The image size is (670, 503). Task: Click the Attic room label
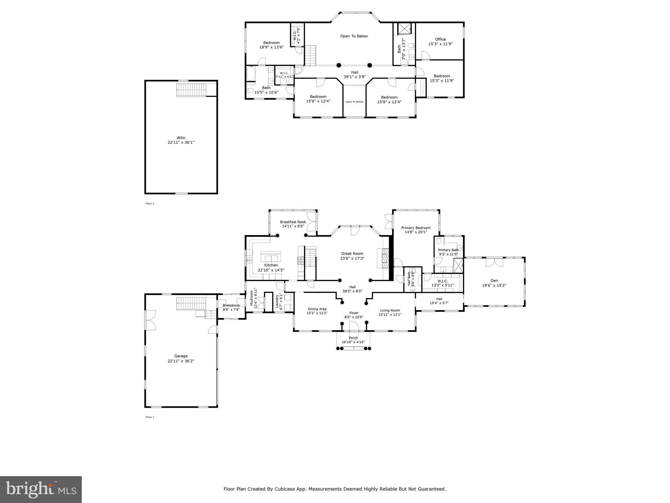pos(181,138)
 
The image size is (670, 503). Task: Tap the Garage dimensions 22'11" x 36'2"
pos(181,361)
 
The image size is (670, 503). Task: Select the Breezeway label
pos(231,305)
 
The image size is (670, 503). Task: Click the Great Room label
pos(352,253)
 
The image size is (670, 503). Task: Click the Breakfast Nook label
pos(293,222)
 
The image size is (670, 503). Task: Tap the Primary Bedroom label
pos(416,228)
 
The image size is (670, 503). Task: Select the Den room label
pos(494,281)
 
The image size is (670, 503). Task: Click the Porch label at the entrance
pos(353,338)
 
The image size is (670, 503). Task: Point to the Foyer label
pos(354,313)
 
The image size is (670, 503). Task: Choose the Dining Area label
pos(317,309)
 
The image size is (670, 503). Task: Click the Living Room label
pos(390,310)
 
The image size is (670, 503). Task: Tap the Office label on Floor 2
pos(440,39)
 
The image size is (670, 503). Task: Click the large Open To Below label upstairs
pos(354,36)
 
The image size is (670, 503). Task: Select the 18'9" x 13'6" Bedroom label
pos(271,43)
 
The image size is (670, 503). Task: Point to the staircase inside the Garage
pos(191,303)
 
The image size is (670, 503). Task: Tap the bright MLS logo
pos(41,489)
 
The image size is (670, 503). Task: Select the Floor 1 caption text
pos(150,417)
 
